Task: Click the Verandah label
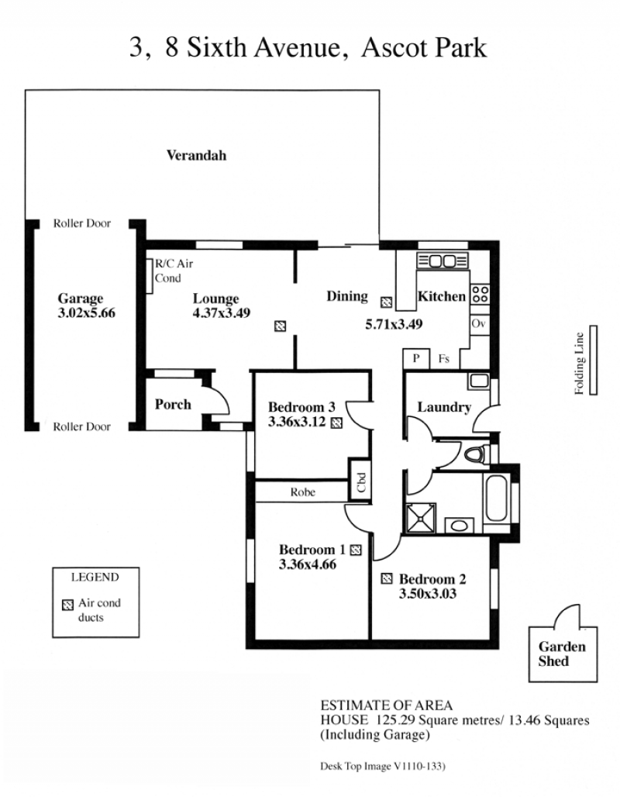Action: point(196,155)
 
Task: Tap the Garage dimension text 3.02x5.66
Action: point(86,312)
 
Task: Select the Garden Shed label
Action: point(562,654)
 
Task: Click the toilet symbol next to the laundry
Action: point(477,453)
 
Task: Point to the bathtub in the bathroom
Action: point(497,499)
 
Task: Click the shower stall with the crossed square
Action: point(420,519)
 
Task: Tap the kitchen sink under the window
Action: point(442,261)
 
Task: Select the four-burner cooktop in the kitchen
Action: point(480,295)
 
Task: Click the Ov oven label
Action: point(479,324)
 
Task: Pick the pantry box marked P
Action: point(416,359)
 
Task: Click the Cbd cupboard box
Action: point(360,480)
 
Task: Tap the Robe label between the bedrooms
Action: point(303,492)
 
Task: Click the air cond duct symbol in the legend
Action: point(67,605)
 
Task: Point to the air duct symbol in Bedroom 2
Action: point(387,578)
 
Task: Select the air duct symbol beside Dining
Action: point(386,302)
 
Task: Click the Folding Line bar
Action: point(593,360)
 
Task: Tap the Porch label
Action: point(173,404)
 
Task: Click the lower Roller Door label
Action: point(82,426)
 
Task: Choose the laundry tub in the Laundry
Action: point(479,381)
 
